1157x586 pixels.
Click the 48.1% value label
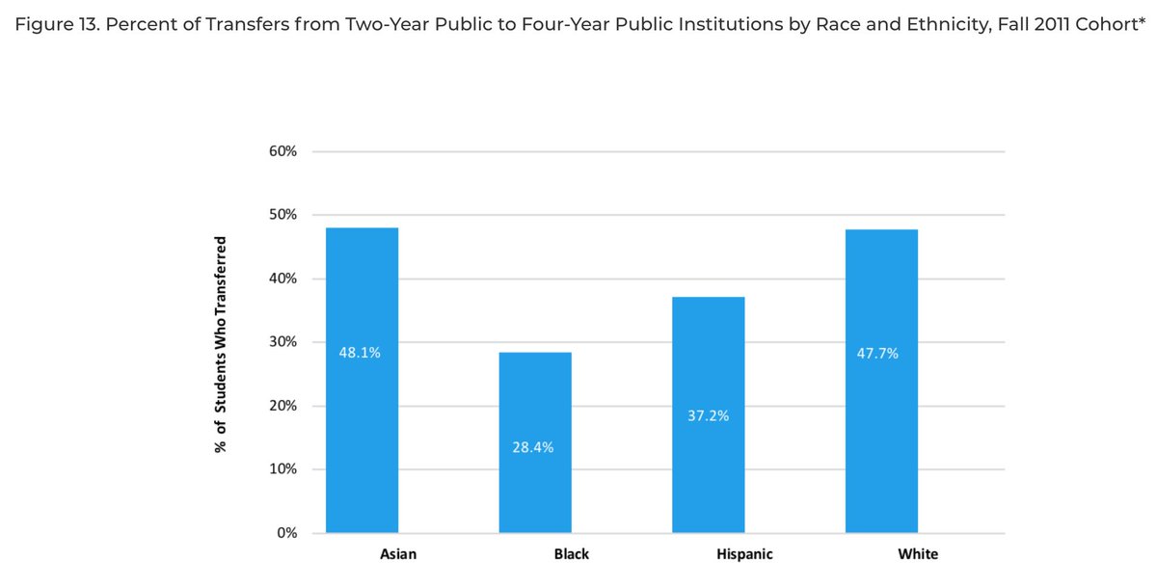[360, 353]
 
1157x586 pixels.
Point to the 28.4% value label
[533, 447]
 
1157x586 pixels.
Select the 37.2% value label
[709, 416]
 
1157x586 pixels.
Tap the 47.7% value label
[877, 354]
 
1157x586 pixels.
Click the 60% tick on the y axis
[283, 151]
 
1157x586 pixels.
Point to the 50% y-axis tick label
[283, 215]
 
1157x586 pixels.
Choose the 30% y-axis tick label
[283, 342]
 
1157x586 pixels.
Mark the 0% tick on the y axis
[285, 533]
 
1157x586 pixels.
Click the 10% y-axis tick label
[283, 469]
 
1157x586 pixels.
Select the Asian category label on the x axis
[398, 554]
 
